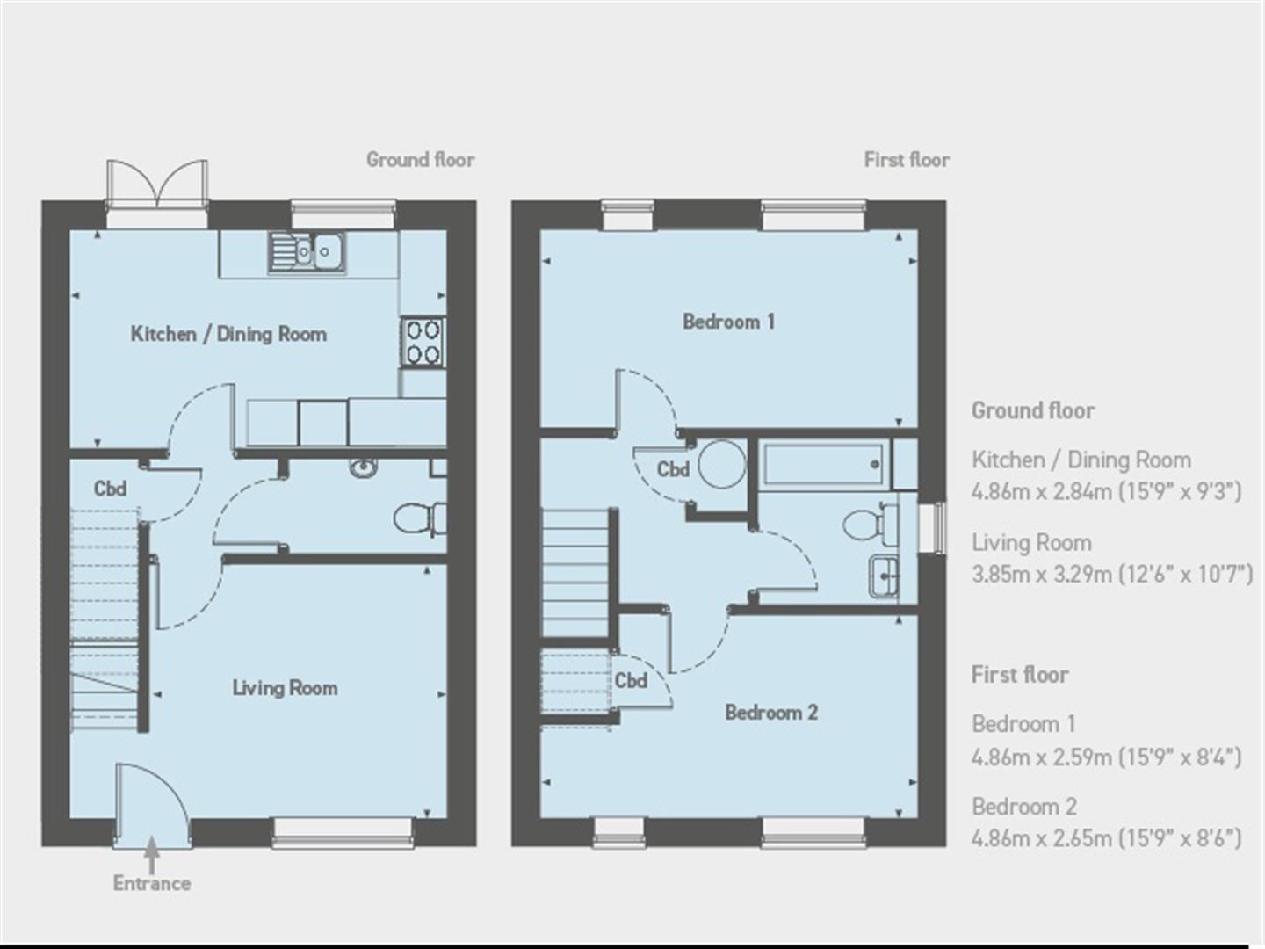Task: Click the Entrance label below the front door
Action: pos(152,884)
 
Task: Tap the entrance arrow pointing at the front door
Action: pos(152,855)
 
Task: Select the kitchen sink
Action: pos(307,252)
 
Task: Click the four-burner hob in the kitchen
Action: pos(423,343)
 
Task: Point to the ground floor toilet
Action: pos(420,520)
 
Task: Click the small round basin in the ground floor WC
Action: pos(364,467)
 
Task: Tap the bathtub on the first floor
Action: pos(823,464)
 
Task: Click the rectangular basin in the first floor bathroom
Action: pos(884,576)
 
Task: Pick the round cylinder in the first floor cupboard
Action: pos(721,465)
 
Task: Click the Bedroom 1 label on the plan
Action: pos(728,322)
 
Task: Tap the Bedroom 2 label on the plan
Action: pos(771,713)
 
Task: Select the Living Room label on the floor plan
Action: pos(285,687)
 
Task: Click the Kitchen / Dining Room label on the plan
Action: pos(228,334)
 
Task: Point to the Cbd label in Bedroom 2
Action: pos(631,680)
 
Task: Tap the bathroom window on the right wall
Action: pos(933,528)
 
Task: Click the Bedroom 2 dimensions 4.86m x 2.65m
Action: pos(1107,838)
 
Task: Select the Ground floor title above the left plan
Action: pos(421,160)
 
